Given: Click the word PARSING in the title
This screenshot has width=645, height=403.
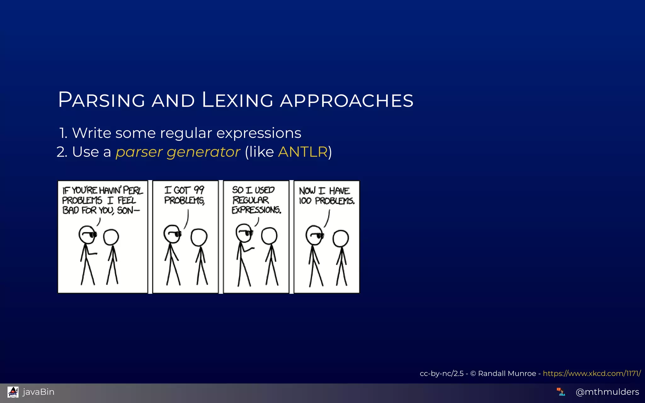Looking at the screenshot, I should coord(101,100).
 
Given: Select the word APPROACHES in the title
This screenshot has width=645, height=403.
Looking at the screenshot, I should coord(346,101).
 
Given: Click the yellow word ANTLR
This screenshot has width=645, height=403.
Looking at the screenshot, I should coord(303,152).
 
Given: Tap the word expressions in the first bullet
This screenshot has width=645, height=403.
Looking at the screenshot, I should coord(259,133).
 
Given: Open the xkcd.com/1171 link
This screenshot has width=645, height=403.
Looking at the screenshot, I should coord(592,373).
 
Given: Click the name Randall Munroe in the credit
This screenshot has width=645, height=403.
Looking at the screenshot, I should coord(507,373).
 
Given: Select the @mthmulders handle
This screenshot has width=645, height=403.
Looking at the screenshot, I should coord(607,392).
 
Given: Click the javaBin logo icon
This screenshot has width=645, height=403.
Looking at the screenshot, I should coord(13,392).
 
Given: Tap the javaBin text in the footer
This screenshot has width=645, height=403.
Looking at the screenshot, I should coord(39,392).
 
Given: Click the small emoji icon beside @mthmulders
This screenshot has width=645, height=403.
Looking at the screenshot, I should coord(561,392).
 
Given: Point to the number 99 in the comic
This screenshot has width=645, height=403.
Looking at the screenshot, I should coord(199,190).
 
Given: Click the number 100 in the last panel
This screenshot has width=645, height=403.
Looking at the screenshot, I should coord(305,201).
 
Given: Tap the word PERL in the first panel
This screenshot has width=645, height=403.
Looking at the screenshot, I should coord(133,190).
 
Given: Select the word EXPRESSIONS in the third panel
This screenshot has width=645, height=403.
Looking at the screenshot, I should coord(256,210).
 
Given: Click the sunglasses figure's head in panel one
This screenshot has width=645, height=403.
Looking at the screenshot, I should coord(87,235).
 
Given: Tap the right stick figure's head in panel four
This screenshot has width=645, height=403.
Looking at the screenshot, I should coord(341,239).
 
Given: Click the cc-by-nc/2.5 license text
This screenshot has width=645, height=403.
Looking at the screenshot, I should coord(442,373).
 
